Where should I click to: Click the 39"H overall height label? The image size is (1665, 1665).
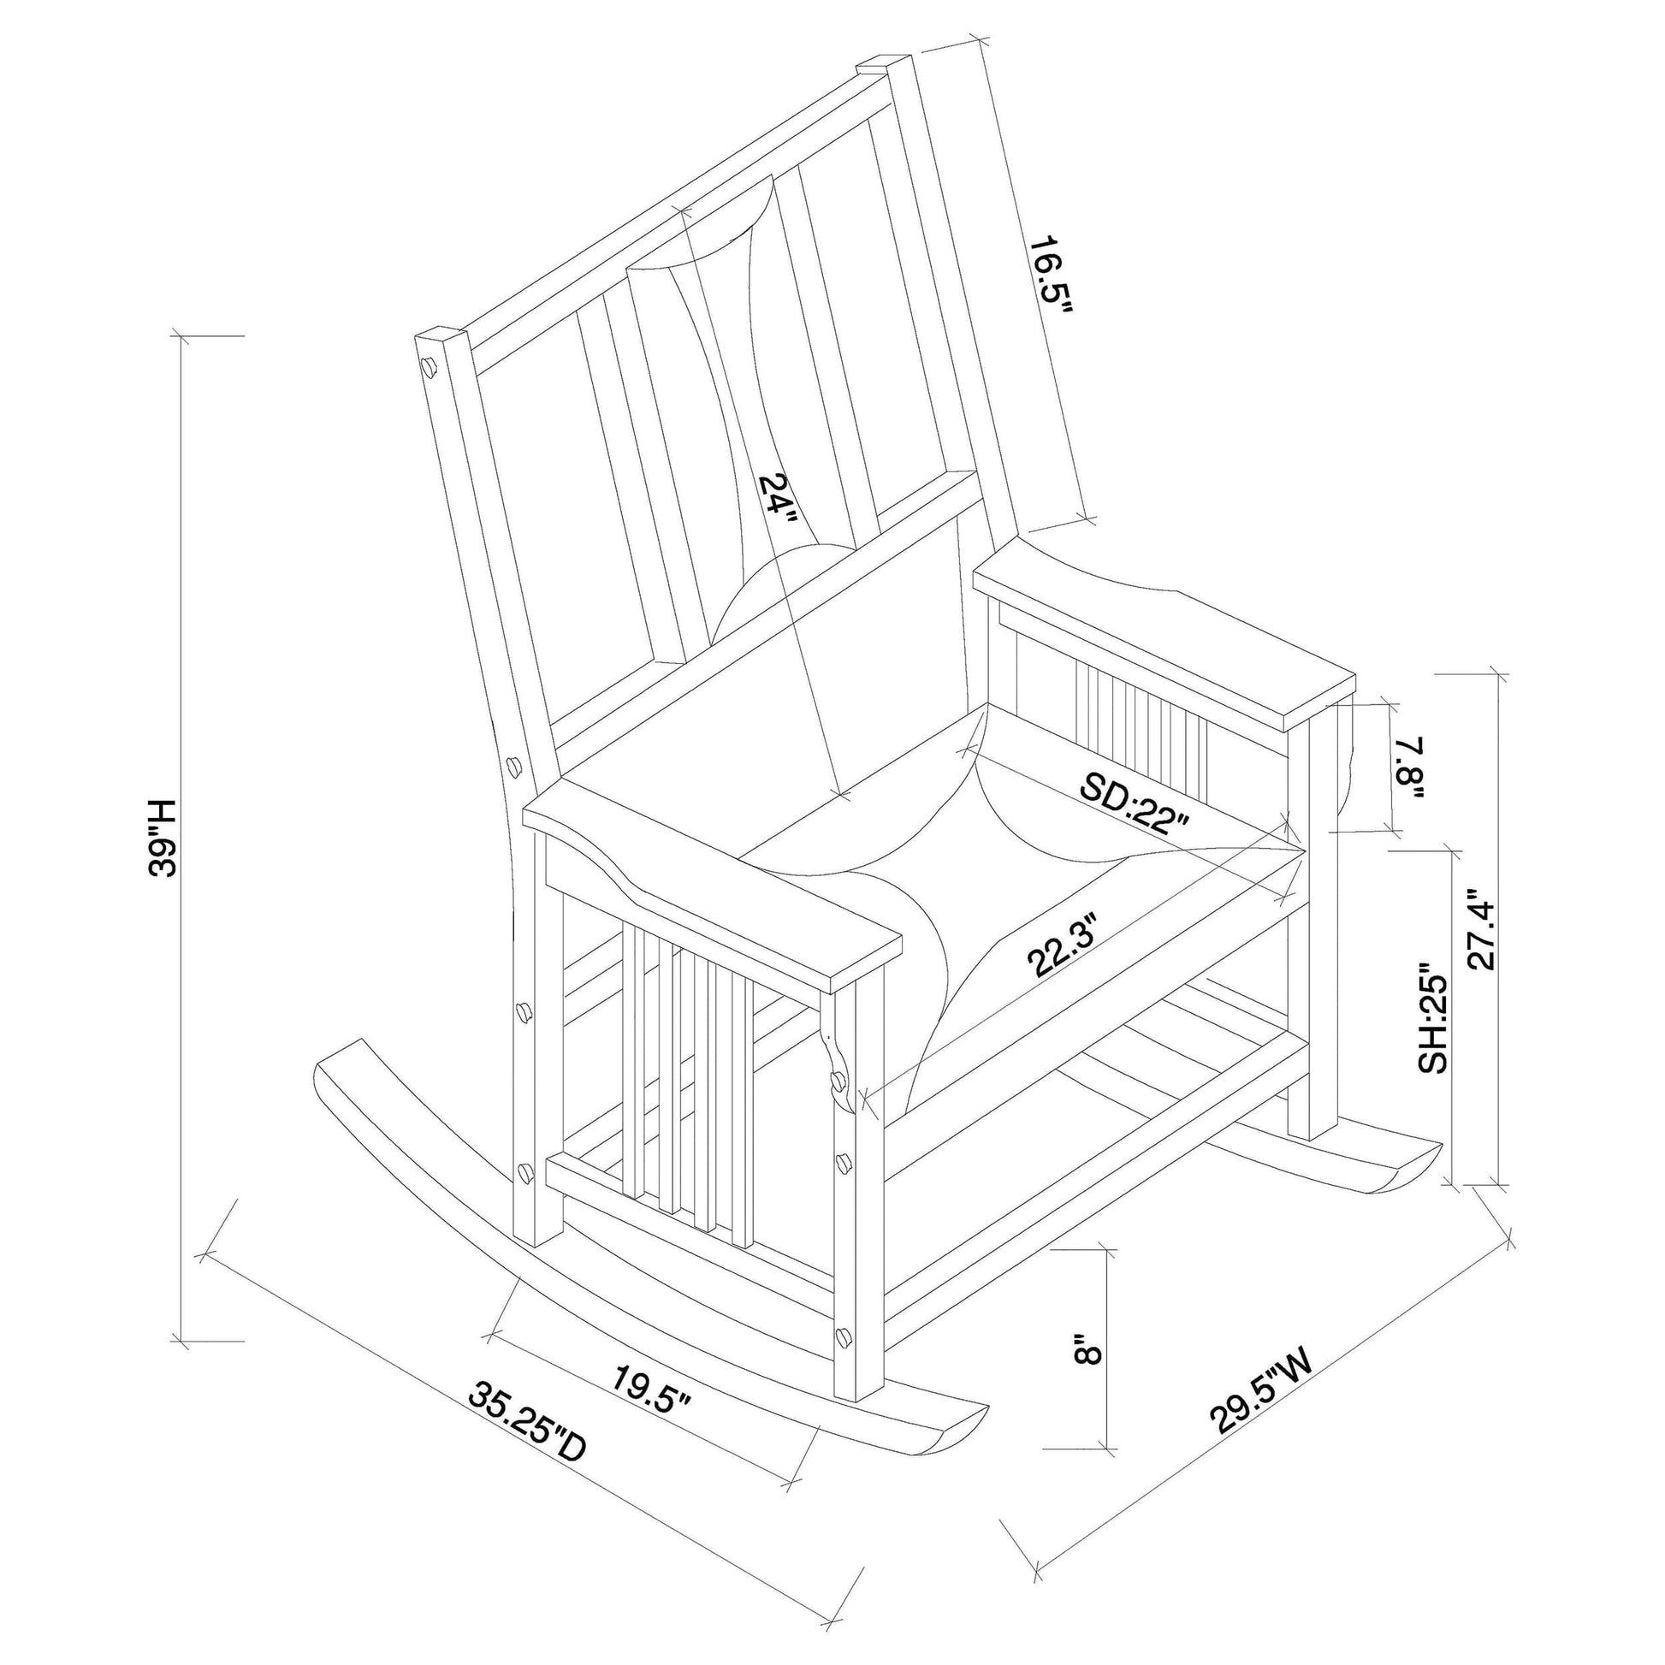click(x=162, y=838)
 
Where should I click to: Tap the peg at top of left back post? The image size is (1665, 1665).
click(x=428, y=365)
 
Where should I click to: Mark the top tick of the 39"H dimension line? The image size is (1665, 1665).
click(x=181, y=335)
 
